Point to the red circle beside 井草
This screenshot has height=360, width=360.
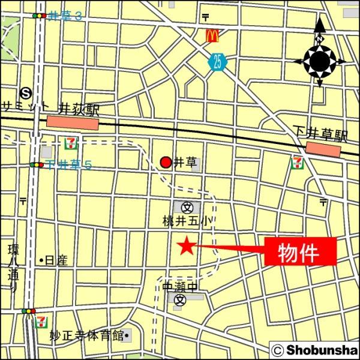[x=166, y=162]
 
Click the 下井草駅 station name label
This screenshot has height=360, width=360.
[x=320, y=134]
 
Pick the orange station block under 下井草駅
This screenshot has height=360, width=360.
[x=323, y=148]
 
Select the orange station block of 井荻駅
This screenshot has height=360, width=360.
[x=72, y=123]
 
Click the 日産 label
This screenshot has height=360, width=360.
[x=55, y=260]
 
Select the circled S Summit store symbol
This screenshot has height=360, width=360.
[x=26, y=92]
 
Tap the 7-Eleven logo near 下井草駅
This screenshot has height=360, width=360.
[x=297, y=162]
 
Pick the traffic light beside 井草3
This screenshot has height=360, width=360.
[x=40, y=16]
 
